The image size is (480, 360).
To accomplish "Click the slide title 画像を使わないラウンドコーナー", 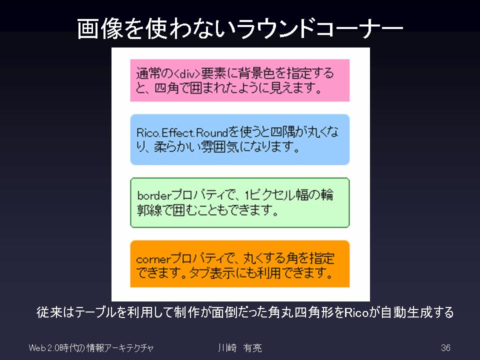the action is click(x=240, y=28).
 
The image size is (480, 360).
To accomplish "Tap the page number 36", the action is click(x=445, y=348).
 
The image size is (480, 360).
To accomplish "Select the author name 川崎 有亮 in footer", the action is click(x=240, y=348).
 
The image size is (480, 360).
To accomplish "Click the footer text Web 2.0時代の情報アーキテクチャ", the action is click(x=91, y=348).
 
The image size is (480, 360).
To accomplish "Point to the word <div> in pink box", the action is click(x=187, y=74).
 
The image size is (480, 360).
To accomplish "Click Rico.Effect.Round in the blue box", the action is click(x=182, y=133).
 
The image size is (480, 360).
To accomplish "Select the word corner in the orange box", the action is click(x=153, y=259).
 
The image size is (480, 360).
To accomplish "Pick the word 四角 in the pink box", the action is click(x=166, y=88).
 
